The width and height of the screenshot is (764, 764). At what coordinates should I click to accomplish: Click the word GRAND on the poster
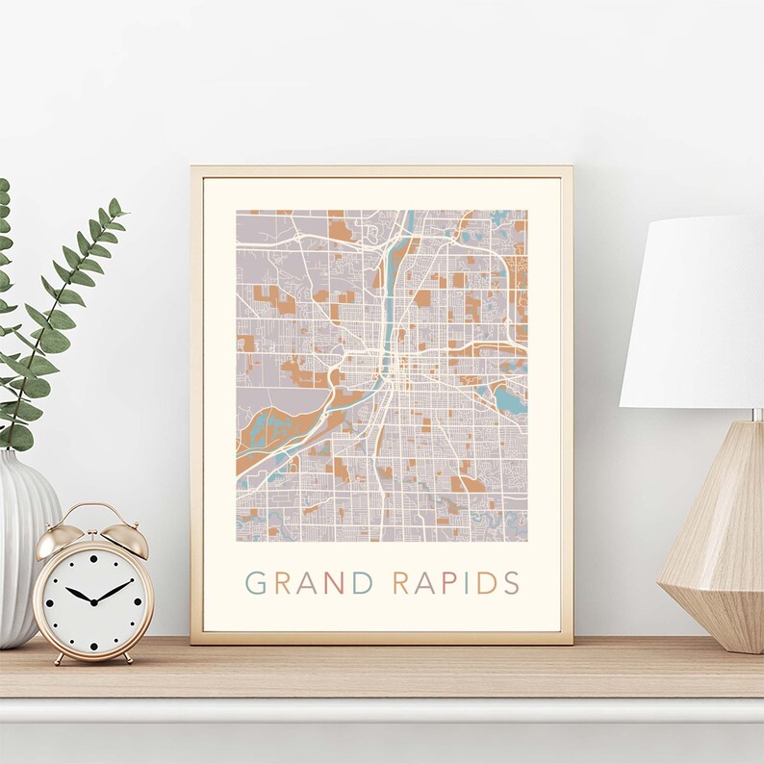click(309, 583)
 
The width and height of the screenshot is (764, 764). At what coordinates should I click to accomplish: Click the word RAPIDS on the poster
click(456, 583)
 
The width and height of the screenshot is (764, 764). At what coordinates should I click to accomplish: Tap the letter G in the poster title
click(255, 583)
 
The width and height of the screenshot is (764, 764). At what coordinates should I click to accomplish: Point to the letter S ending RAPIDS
click(511, 583)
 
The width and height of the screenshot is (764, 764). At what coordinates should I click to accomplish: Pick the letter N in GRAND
click(335, 583)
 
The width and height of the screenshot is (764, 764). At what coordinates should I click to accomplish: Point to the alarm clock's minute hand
click(114, 590)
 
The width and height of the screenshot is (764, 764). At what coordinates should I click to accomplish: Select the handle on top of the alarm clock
click(92, 509)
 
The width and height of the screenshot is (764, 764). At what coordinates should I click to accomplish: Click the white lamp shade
click(695, 313)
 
